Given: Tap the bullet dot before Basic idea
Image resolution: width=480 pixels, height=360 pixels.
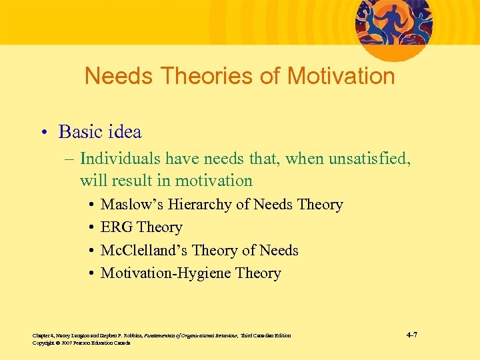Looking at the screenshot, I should pyautogui.click(x=44, y=133).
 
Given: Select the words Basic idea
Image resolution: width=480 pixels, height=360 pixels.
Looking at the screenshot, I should pyautogui.click(x=100, y=132).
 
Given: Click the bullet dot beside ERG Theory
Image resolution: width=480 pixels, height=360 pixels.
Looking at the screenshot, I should pyautogui.click(x=89, y=228).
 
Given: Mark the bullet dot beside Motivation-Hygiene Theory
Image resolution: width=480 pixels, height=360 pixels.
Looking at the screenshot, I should pyautogui.click(x=89, y=274).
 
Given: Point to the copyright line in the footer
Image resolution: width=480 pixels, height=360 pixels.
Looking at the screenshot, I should pyautogui.click(x=81, y=343).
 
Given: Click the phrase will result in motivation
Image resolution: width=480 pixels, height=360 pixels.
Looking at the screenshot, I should pyautogui.click(x=166, y=181).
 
